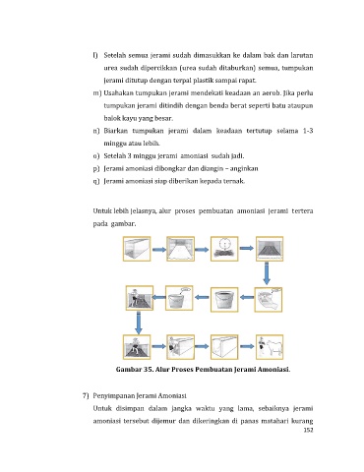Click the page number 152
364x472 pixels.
tap(308, 430)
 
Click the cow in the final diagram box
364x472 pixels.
tap(273, 348)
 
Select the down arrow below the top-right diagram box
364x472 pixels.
tap(267, 273)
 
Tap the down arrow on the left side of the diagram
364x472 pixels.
tap(139, 323)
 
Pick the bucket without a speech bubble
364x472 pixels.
tap(224, 300)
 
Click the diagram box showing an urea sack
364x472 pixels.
tap(269, 300)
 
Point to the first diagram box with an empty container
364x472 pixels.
tap(137, 249)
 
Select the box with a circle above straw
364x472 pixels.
tap(224, 249)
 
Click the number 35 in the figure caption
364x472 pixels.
tap(147, 370)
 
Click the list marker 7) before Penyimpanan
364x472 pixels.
tap(86, 395)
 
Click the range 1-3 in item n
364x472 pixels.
tap(308, 131)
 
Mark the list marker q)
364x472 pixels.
tap(96, 181)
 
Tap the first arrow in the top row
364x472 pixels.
tap(159, 250)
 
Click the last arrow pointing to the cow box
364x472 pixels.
tap(247, 346)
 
